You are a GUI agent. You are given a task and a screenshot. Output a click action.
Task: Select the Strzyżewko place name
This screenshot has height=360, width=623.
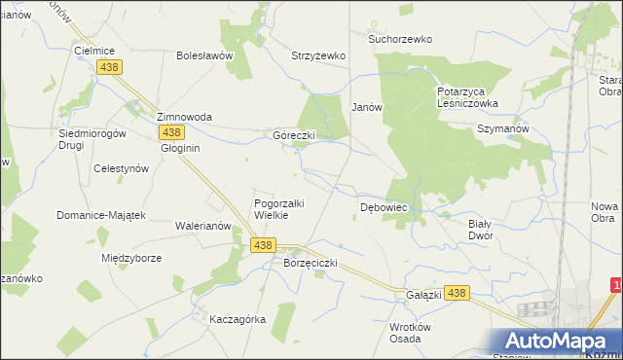tap(318, 55)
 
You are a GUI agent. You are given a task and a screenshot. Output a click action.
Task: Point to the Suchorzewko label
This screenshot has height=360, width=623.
tap(399, 39)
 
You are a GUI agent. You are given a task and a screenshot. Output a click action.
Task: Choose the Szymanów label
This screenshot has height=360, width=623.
tap(502, 128)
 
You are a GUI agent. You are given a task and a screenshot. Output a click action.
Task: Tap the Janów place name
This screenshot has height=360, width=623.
tap(366, 107)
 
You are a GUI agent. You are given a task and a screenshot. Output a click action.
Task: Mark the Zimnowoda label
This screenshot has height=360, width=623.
tap(185, 117)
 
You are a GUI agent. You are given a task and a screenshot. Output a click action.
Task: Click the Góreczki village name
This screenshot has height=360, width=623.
tap(293, 135)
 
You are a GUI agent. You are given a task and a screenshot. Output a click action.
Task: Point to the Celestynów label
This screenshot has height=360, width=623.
tap(121, 167)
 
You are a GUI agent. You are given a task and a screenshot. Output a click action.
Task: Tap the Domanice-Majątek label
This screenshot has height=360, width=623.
tap(100, 215)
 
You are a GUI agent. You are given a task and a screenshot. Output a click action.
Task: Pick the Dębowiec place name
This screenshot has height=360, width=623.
tap(384, 207)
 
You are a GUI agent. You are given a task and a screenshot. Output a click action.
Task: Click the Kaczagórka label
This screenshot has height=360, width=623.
tap(238, 319)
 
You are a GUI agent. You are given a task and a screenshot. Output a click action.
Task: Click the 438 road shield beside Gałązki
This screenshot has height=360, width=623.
tap(459, 292)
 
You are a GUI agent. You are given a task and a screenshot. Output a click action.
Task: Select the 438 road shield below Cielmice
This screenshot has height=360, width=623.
tap(109, 66)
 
